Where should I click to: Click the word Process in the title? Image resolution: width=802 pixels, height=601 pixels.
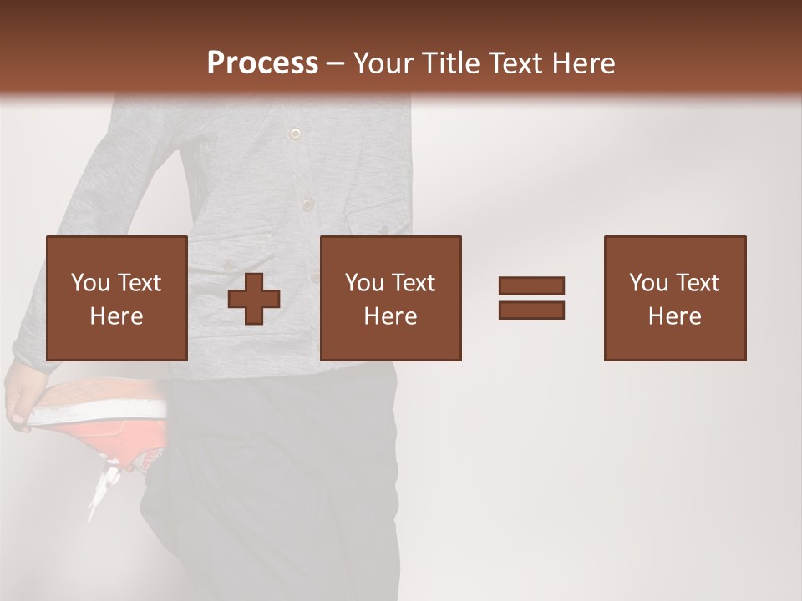pos(262,63)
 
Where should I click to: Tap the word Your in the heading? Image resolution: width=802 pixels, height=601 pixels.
pos(383,63)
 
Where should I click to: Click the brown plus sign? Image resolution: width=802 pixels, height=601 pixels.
pos(254,299)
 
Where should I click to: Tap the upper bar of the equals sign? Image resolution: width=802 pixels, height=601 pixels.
pos(531,285)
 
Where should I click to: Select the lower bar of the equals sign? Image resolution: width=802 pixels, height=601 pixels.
pos(531,311)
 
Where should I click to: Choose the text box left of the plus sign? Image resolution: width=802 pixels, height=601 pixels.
pos(117,298)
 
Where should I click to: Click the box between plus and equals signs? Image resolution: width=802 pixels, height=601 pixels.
pos(391,298)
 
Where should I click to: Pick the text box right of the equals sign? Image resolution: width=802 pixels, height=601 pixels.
pos(675,298)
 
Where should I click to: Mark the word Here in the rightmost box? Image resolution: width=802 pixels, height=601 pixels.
pos(675,316)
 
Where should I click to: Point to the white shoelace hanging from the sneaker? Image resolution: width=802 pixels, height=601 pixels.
pos(102,488)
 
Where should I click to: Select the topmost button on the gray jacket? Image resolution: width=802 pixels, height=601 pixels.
pos(294,134)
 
